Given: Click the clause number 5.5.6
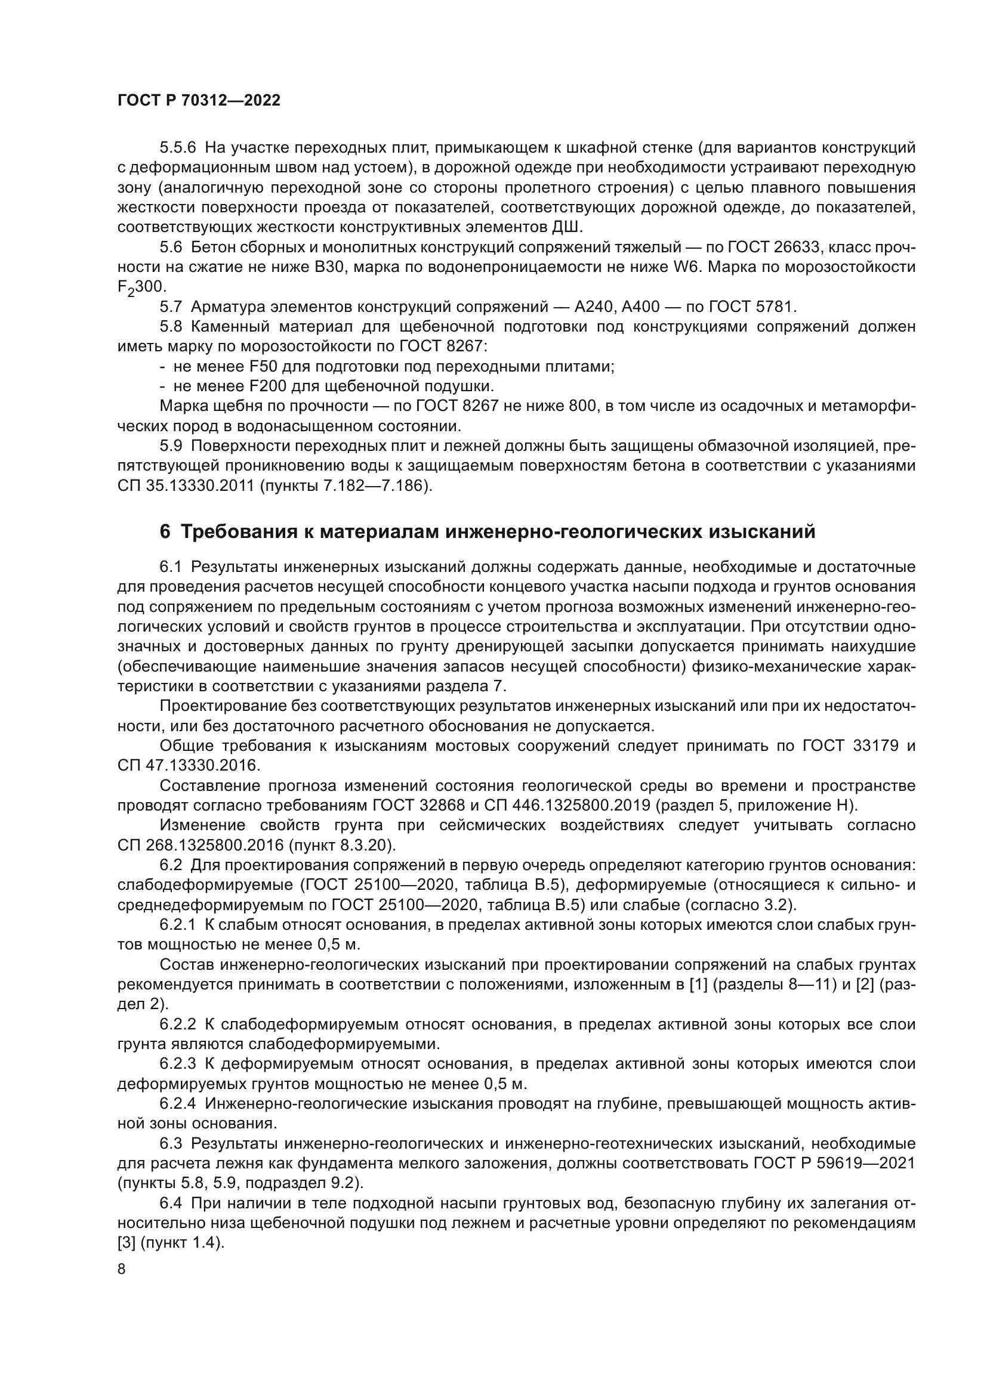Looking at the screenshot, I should click(178, 148).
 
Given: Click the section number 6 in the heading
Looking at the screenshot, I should click(165, 532).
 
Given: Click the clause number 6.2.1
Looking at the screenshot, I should click(178, 925).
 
